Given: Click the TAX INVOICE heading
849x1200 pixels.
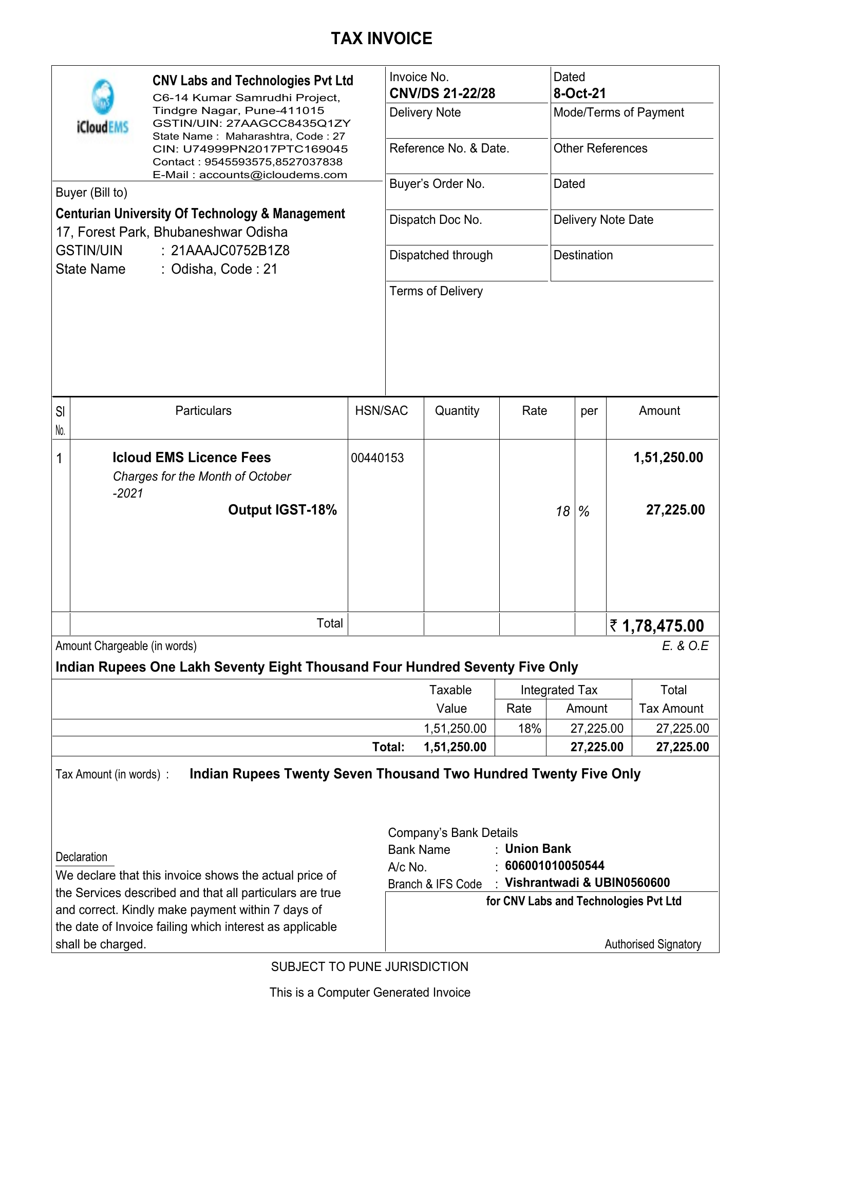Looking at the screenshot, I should tap(381, 39).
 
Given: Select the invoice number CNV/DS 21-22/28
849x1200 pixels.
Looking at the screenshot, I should tap(442, 93).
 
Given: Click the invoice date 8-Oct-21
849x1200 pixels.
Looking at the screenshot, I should tap(579, 93).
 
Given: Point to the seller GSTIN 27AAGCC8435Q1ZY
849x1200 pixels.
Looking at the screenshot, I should tap(288, 123).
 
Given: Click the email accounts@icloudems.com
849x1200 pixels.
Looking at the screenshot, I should tap(273, 175).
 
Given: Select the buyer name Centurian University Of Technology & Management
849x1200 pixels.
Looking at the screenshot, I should tap(200, 214).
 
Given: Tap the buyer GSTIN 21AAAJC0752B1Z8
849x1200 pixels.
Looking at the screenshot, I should tap(230, 251).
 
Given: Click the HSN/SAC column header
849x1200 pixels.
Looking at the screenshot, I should tap(381, 411).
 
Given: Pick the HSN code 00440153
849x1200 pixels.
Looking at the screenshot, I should tap(377, 459).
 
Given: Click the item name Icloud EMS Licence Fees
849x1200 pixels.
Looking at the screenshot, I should tap(192, 458).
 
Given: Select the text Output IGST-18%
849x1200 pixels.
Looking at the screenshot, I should tap(282, 510).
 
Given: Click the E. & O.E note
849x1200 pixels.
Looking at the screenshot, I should tap(685, 646).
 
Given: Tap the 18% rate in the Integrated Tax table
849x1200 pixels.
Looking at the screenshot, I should tap(529, 729).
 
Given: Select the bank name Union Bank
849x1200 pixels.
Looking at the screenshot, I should tap(537, 849).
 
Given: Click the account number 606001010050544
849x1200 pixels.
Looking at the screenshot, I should tap(554, 866).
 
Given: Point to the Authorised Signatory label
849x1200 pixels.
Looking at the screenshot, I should tap(652, 944).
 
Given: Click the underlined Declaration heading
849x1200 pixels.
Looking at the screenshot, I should tap(82, 857).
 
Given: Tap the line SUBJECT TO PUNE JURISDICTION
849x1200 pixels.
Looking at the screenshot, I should tap(369, 967).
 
